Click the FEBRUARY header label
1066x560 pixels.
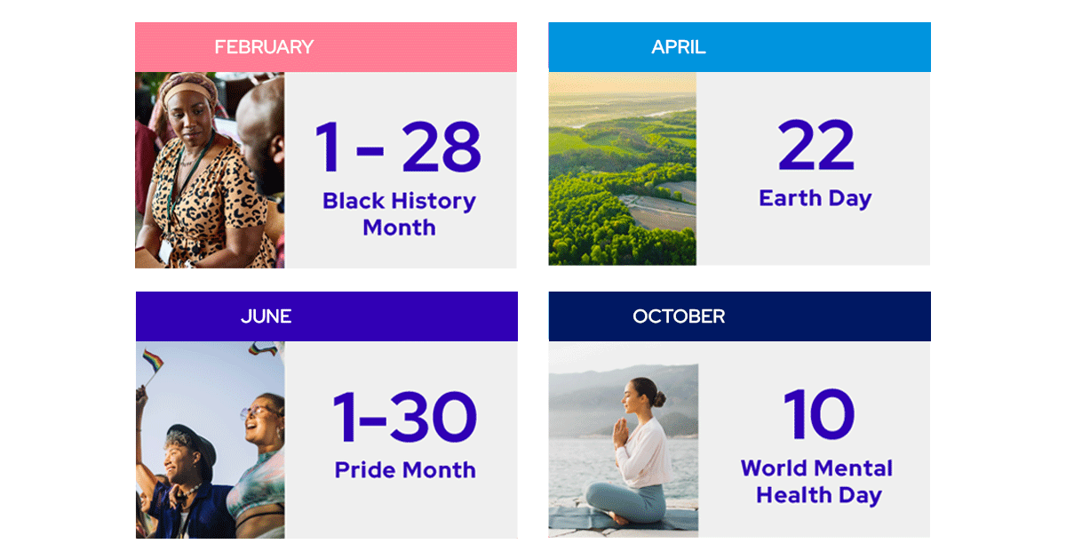[x=264, y=47]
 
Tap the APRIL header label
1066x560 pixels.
[x=679, y=47]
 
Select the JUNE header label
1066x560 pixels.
[x=266, y=316]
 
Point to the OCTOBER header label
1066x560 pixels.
[x=679, y=316]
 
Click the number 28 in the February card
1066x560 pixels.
[x=441, y=148]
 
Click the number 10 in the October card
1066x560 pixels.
[x=818, y=415]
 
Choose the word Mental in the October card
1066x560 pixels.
[x=852, y=468]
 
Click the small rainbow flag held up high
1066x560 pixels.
[x=153, y=361]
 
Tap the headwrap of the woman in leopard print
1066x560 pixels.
[x=188, y=87]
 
